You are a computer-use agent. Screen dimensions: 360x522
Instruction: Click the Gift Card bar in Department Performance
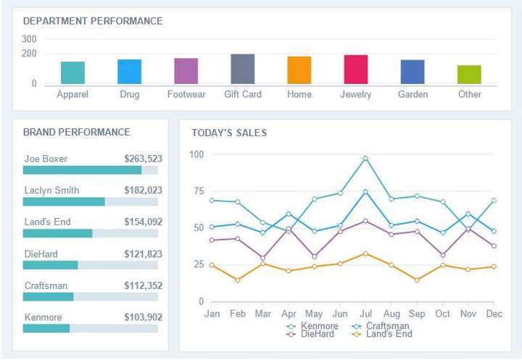242,69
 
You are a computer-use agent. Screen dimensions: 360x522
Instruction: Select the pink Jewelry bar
355,70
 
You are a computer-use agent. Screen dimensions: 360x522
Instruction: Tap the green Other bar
469,75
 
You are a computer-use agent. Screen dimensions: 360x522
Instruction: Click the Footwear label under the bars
186,94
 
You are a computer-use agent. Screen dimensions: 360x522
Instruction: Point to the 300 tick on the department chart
29,39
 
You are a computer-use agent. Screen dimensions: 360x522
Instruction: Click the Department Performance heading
93,21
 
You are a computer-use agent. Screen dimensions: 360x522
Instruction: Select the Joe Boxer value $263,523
143,159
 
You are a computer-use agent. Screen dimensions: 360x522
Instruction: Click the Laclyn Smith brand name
51,191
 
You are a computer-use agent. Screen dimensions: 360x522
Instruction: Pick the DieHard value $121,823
143,254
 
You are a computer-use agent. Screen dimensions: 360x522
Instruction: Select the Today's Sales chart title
229,133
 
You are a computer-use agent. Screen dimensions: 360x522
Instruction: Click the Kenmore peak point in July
365,158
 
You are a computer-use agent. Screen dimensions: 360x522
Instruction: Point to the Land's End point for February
238,280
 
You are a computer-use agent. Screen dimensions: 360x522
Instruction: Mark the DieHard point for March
263,258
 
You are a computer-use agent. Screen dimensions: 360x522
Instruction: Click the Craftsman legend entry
381,326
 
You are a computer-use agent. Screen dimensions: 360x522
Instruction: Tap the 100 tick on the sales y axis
196,154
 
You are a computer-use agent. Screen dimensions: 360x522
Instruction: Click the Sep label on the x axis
416,314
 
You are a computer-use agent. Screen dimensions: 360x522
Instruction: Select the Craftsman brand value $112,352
143,285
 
